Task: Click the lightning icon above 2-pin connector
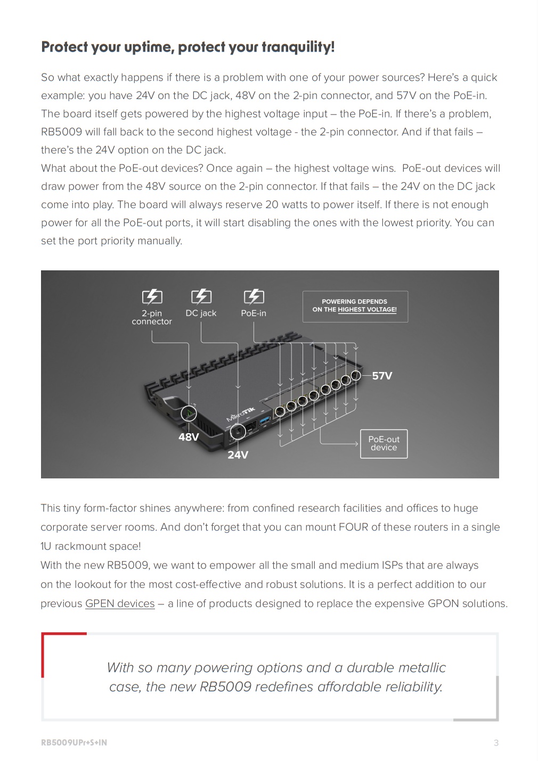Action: point(152,296)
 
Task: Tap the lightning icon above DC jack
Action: point(201,296)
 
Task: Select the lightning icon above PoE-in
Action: point(254,296)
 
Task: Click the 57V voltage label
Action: point(382,376)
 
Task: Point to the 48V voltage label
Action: point(189,437)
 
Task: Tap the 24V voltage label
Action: point(238,454)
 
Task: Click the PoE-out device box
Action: point(384,443)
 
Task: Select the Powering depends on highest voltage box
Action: point(355,306)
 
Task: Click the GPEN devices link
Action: point(120,603)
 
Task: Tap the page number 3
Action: point(496,742)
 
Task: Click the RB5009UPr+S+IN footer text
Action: point(74,742)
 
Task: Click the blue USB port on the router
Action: point(265,423)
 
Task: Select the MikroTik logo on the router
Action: point(241,413)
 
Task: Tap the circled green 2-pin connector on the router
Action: point(189,413)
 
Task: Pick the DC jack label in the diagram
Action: point(201,313)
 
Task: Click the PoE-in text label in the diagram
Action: point(254,313)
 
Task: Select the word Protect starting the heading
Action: point(64,47)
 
